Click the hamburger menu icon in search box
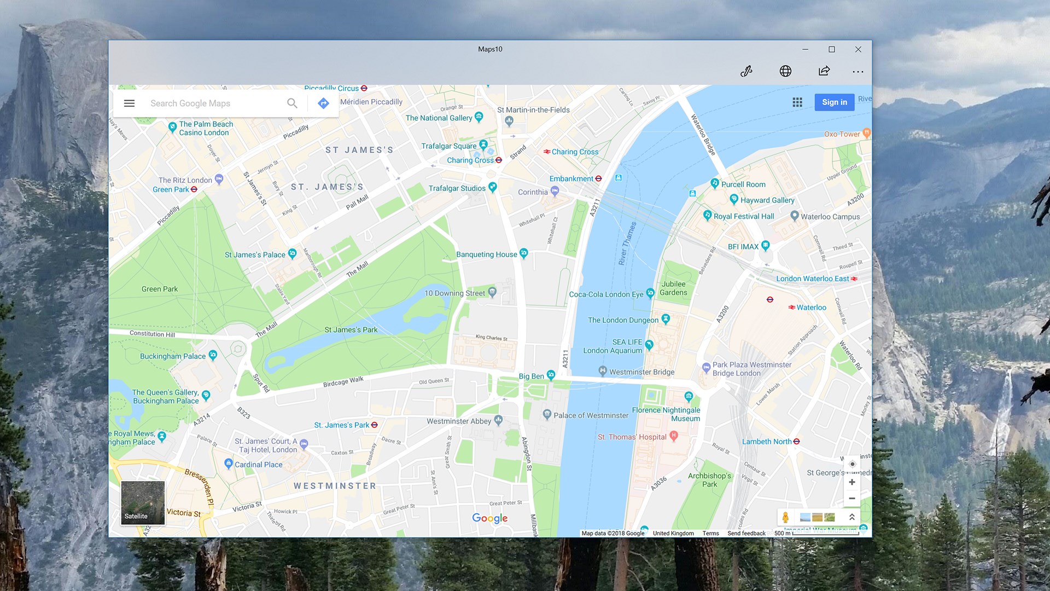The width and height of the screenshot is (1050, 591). tap(129, 103)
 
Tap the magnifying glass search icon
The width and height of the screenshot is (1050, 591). tap(292, 103)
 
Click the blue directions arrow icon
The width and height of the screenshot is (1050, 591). tap(323, 103)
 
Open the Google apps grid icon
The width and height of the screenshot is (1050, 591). tap(797, 102)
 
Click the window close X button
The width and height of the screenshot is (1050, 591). tap(858, 49)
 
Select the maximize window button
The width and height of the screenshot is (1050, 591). tap(832, 49)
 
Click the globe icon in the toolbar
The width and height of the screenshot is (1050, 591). tap(785, 71)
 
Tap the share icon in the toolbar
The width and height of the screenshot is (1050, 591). tap(824, 71)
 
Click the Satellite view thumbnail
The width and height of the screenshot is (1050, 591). tap(143, 502)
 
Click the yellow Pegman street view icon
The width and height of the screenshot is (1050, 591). tap(785, 517)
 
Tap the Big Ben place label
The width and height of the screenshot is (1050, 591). tap(531, 376)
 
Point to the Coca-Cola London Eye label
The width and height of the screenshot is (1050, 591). tap(606, 294)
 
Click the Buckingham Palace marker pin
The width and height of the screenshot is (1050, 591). tap(213, 355)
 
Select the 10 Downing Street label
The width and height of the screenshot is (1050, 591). tap(454, 293)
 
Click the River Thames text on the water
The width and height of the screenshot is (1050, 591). tap(627, 244)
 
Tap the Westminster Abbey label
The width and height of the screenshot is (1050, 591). tap(459, 421)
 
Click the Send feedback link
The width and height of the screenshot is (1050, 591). tap(746, 534)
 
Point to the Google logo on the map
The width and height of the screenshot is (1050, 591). tap(489, 518)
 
